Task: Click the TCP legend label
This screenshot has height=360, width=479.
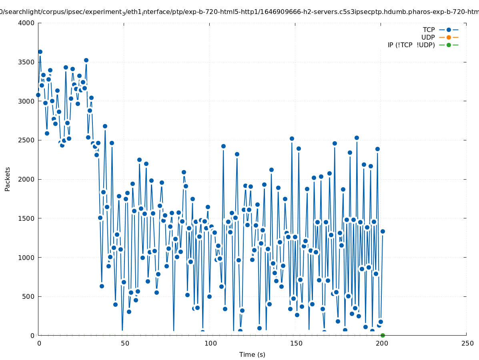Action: point(429,30)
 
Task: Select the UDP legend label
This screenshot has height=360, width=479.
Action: point(428,37)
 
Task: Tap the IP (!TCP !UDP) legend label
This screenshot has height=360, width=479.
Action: point(411,45)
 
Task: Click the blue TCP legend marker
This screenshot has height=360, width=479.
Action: point(449,30)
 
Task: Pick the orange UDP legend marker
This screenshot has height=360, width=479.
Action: point(449,37)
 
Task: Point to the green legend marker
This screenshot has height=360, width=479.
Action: point(449,45)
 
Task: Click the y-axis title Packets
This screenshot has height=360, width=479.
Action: point(8,179)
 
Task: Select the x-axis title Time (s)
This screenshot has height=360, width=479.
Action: point(252,354)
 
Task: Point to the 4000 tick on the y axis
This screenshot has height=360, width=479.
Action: point(26,23)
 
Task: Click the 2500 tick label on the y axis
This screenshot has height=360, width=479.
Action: point(26,140)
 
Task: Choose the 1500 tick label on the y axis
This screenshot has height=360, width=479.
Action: point(26,218)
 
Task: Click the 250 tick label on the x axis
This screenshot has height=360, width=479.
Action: point(467,343)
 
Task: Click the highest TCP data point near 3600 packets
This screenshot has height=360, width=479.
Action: point(40,52)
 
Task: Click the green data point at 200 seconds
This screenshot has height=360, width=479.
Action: point(383,335)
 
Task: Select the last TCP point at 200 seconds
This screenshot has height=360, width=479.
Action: point(383,231)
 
